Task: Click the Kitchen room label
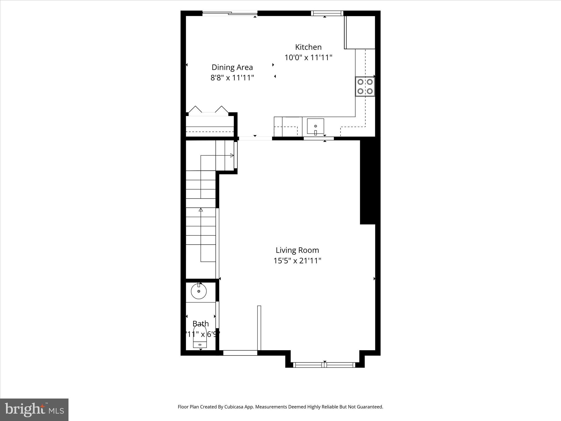pyautogui.click(x=308, y=47)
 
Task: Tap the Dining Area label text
pyautogui.click(x=232, y=67)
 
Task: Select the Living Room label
pyautogui.click(x=297, y=250)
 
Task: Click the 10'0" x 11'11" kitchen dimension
pyautogui.click(x=308, y=58)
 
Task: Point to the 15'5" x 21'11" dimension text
pyautogui.click(x=297, y=261)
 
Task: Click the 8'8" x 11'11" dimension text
pyautogui.click(x=232, y=78)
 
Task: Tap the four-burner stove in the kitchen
pyautogui.click(x=365, y=86)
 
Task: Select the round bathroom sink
pyautogui.click(x=199, y=291)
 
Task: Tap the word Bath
pyautogui.click(x=201, y=324)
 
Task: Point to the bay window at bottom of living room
pyautogui.click(x=324, y=365)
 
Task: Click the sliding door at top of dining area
pyautogui.click(x=230, y=13)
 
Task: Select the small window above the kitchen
pyautogui.click(x=327, y=13)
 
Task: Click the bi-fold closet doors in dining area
pyautogui.click(x=208, y=110)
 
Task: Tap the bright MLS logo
pyautogui.click(x=34, y=410)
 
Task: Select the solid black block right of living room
pyautogui.click(x=368, y=182)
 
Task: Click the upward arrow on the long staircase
pyautogui.click(x=201, y=210)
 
